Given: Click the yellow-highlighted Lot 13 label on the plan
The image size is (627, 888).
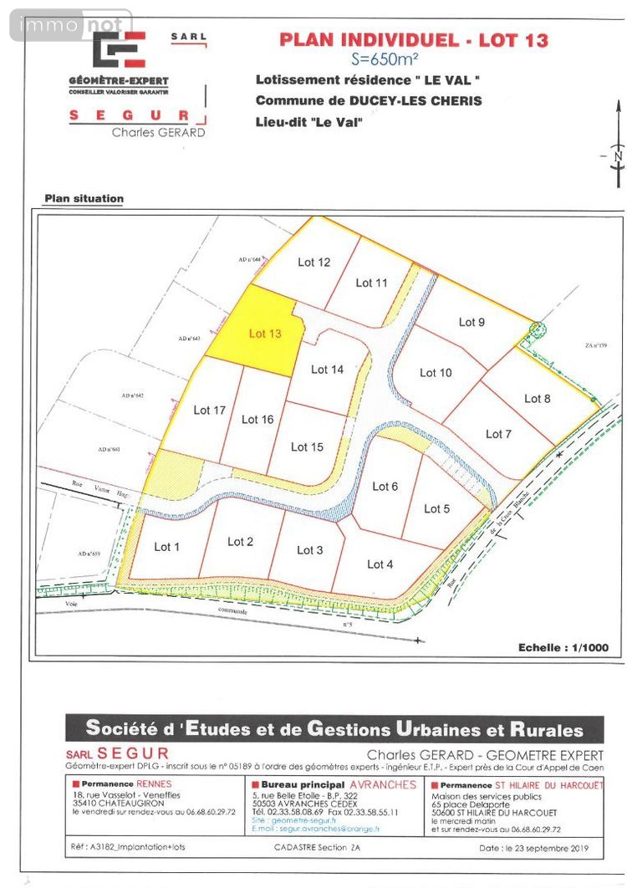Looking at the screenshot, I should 265,334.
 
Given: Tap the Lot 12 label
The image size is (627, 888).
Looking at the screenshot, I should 314,263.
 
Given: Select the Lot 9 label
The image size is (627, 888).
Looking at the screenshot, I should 472,322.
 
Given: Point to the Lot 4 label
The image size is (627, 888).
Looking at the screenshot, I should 380,564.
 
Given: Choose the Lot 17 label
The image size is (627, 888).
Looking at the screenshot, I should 210,410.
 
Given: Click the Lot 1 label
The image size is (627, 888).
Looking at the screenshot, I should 167,547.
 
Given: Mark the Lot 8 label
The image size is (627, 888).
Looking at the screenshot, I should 538,399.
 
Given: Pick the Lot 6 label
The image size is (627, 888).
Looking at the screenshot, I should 385,487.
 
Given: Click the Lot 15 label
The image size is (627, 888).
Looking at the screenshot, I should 307,447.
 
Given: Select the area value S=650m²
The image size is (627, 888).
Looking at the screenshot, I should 398,59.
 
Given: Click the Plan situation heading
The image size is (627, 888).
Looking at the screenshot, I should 84,199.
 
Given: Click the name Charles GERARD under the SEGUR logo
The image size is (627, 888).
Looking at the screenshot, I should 158,132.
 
